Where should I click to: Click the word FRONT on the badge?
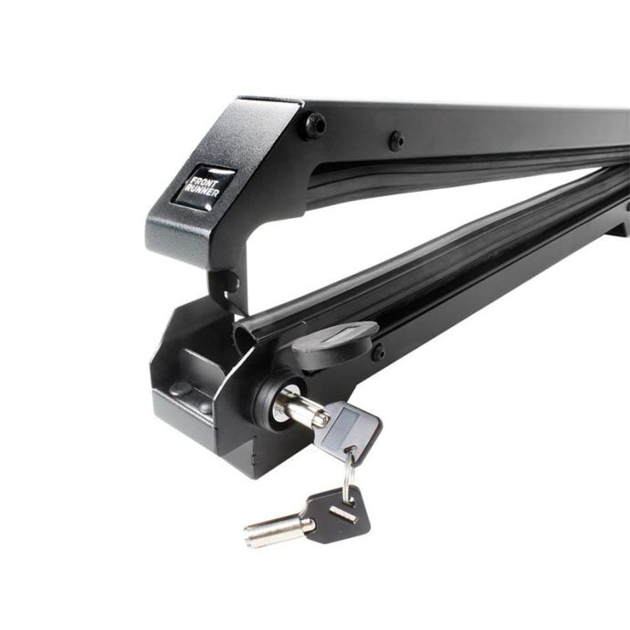pos(204,183)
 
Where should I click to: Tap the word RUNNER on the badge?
pos(202,192)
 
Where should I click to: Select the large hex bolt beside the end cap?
pos(316,125)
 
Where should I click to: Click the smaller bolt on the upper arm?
pos(396,141)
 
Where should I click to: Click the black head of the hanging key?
pos(339,516)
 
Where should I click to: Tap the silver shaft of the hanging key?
pos(278,530)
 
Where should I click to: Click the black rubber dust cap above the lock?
pos(334,346)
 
